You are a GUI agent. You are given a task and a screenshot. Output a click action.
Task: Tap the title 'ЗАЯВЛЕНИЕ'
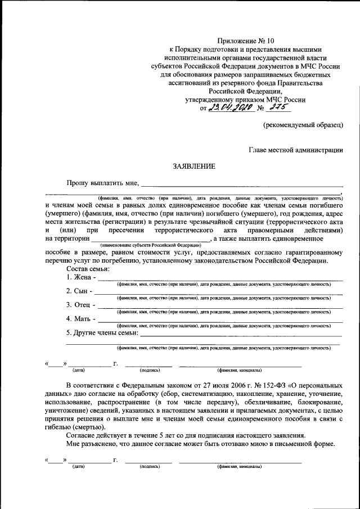pos(193,166)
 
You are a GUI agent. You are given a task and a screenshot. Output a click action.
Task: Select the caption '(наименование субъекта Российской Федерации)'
pos(150,246)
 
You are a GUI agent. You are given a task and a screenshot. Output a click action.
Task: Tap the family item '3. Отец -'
pos(81,305)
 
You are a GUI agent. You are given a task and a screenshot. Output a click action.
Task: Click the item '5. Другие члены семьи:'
pos(102,334)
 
